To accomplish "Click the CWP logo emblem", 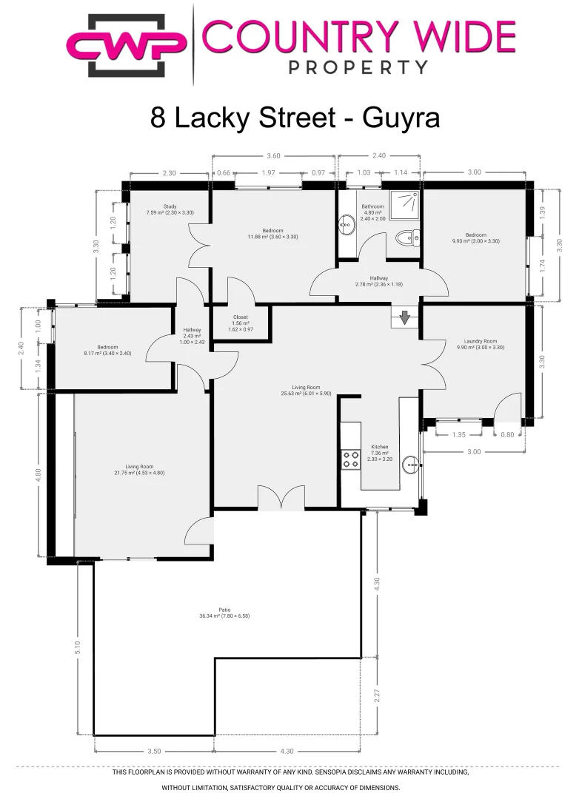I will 127,44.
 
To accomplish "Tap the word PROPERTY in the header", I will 357,67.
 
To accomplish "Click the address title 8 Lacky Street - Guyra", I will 295,118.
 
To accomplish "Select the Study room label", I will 170,206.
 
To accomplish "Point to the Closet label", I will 240,316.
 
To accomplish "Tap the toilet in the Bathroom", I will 406,237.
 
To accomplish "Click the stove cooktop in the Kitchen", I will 349,459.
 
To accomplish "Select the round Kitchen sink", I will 410,465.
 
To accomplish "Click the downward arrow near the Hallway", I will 405,317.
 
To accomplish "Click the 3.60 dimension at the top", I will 273,156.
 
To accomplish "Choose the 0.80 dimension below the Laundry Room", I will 506,435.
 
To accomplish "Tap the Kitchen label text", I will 379,447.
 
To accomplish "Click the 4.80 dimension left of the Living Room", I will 39,474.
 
